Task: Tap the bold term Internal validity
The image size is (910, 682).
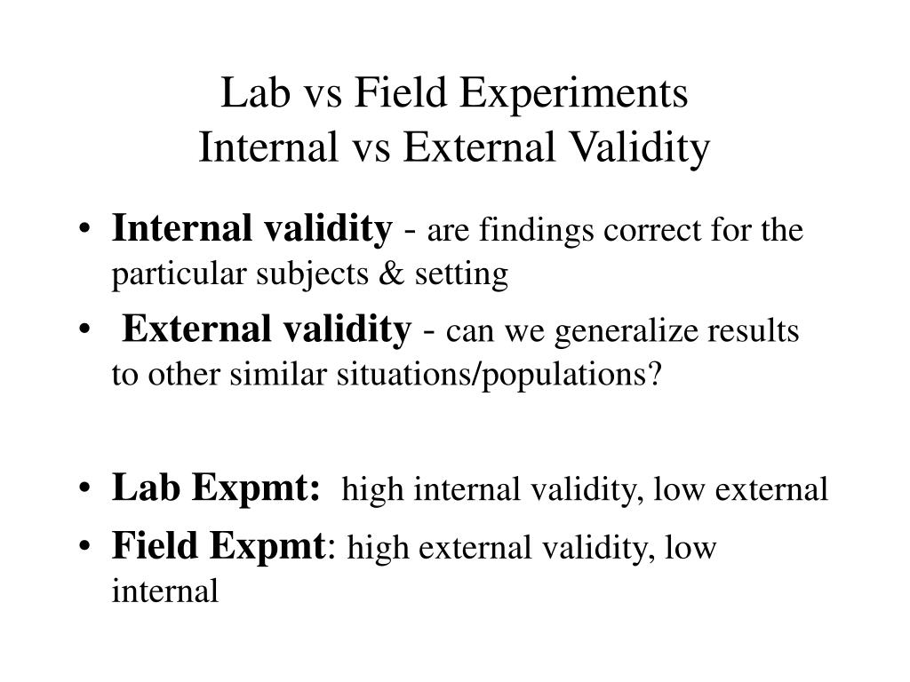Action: (251, 230)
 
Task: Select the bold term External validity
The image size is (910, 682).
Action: (267, 330)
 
